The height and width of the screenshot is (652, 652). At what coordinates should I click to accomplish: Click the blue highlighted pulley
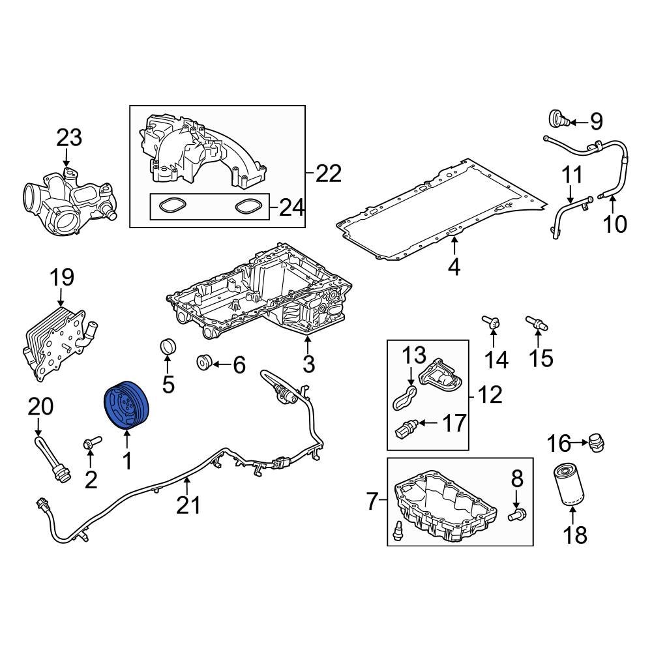[x=128, y=406]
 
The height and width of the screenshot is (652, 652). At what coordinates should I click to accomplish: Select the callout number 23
[x=69, y=138]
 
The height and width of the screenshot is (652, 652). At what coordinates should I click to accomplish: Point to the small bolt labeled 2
[x=89, y=444]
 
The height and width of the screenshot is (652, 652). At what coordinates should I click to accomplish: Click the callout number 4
[x=454, y=267]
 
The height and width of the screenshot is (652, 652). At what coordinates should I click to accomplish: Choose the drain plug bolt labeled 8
[x=516, y=516]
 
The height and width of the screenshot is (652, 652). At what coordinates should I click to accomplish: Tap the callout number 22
[x=328, y=173]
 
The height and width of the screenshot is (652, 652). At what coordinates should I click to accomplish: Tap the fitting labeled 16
[x=594, y=443]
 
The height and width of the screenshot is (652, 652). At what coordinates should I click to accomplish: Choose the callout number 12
[x=490, y=394]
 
